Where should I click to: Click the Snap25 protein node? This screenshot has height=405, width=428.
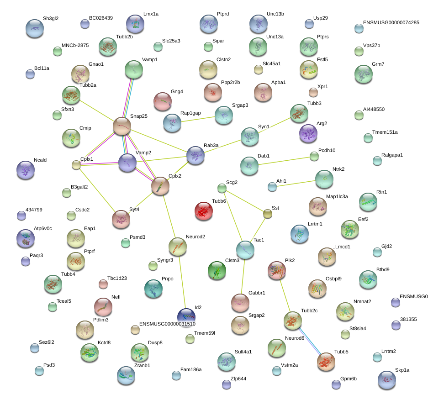122,126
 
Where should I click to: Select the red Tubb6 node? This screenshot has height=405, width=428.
204,211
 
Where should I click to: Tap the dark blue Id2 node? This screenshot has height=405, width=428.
186,317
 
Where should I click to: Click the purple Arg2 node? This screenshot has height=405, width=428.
308,133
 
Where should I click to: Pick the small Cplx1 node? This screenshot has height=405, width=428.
76,165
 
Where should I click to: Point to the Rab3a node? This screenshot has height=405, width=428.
196,155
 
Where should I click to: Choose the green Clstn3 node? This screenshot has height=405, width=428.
217,270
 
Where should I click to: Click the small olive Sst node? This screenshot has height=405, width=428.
268,214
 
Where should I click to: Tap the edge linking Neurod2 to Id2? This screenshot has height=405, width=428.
182,282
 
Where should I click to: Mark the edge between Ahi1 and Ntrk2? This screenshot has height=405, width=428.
296,184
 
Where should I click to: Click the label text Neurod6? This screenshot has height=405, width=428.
295,338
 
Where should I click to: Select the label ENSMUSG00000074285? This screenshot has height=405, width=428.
391,22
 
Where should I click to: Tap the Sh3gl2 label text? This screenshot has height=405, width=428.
51,18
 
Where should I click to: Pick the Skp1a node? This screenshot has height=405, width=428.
387,380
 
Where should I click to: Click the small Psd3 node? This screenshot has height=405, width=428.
39,371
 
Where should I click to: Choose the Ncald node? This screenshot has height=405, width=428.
26,170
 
